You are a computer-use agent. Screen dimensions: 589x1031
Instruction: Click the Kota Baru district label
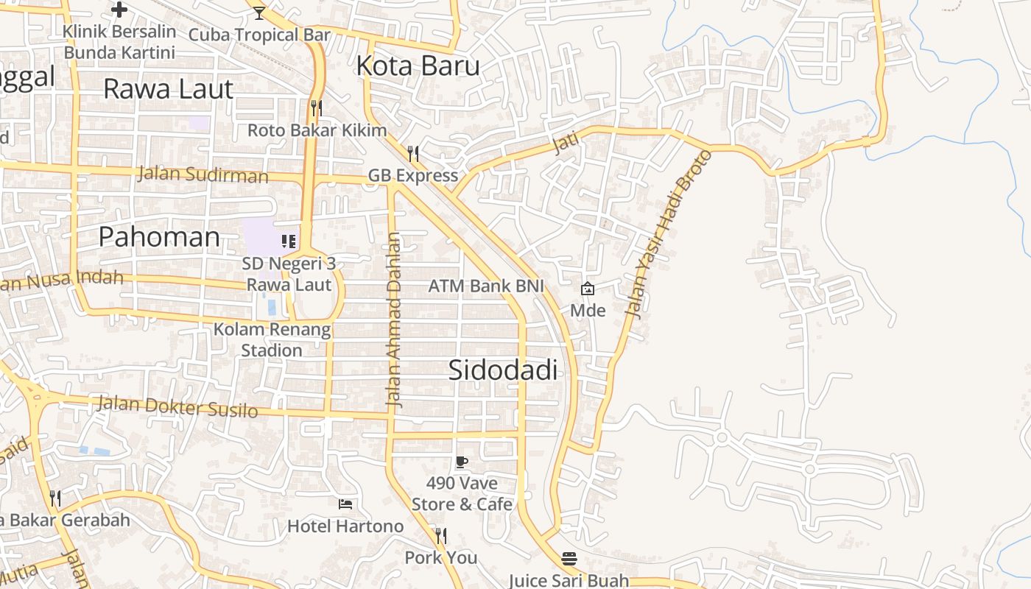[x=418, y=66]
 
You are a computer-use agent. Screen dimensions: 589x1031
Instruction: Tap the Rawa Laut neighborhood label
[x=168, y=89]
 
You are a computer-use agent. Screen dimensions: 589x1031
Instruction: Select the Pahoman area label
[x=159, y=237]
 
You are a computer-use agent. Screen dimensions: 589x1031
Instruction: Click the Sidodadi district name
[x=502, y=370]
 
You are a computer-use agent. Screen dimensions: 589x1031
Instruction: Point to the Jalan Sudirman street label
[x=203, y=175]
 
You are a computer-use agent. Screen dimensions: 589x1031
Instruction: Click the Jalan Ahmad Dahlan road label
[x=395, y=320]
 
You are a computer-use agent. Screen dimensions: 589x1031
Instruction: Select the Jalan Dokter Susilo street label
[x=177, y=406]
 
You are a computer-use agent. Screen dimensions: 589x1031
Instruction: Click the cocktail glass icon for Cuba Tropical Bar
[x=258, y=13]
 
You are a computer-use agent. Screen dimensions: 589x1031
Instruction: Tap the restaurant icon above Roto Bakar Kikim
[x=317, y=108]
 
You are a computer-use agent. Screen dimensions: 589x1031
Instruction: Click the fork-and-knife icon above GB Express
[x=413, y=153]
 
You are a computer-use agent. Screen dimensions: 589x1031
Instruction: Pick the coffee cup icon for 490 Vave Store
[x=462, y=462]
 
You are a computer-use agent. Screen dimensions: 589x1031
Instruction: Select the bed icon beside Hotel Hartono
[x=345, y=504]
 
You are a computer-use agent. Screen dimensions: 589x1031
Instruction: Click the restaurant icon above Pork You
[x=440, y=535]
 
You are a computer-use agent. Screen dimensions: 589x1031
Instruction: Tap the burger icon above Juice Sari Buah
[x=569, y=559]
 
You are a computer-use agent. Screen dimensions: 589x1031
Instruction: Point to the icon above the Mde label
[x=587, y=289]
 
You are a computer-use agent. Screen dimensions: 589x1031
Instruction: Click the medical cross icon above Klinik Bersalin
[x=119, y=10]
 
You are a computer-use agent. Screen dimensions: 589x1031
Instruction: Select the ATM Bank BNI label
[x=486, y=286]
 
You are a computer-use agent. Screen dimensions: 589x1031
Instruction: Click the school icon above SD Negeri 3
[x=289, y=241]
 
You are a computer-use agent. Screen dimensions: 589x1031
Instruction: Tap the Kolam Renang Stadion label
[x=272, y=339]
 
